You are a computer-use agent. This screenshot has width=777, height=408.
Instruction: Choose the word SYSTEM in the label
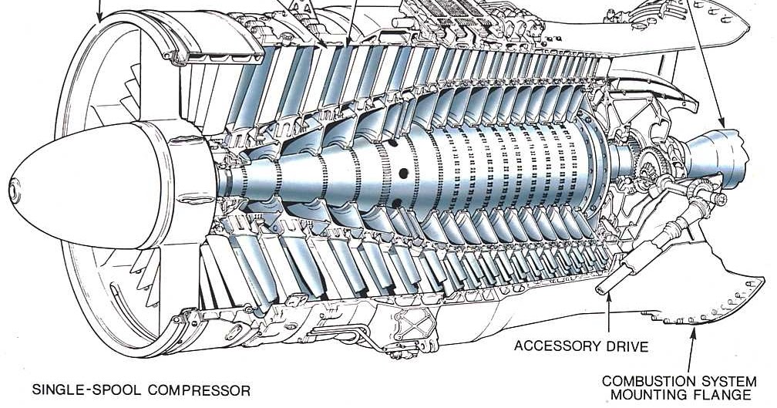tap(725, 381)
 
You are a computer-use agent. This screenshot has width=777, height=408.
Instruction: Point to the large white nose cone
tap(85, 185)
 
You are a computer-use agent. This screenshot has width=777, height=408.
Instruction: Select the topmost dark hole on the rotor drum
tap(390, 145)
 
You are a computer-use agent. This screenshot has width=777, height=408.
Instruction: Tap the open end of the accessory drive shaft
tap(602, 289)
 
